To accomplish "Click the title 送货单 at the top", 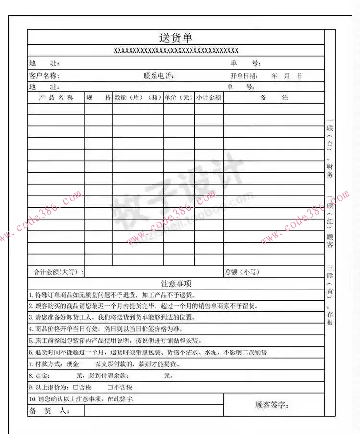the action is pyautogui.click(x=176, y=37).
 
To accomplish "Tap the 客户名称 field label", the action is pyautogui.click(x=44, y=76).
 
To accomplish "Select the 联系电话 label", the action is pyautogui.click(x=158, y=76).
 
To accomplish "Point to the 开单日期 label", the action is pyautogui.click(x=244, y=76).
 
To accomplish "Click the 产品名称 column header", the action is pyautogui.click(x=56, y=97).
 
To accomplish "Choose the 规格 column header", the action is pyautogui.click(x=98, y=97).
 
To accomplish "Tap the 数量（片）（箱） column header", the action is pyautogui.click(x=138, y=97).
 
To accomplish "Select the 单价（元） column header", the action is pyautogui.click(x=179, y=97).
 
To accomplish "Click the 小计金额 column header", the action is pyautogui.click(x=209, y=97).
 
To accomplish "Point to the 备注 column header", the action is pyautogui.click(x=274, y=97).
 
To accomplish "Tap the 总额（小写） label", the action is pyautogui.click(x=242, y=272).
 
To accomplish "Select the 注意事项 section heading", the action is pyautogui.click(x=176, y=284).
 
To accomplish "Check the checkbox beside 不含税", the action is pyautogui.click(x=110, y=387).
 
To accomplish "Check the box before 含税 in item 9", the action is pyautogui.click(x=75, y=387).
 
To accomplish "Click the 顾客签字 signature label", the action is pyautogui.click(x=272, y=405).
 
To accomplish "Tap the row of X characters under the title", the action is pyautogui.click(x=176, y=50).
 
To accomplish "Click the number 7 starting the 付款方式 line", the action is pyautogui.click(x=30, y=364).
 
